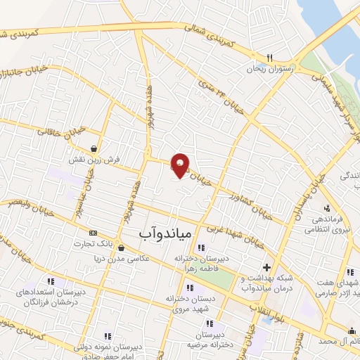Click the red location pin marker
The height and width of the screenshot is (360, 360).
pos(181,165)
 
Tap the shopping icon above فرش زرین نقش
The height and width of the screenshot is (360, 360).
pos(94,149)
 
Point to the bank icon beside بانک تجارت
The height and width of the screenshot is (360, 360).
pos(93,233)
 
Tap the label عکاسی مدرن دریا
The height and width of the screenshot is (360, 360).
pos(123,259)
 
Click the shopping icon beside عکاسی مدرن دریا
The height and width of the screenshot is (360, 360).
pos(122,247)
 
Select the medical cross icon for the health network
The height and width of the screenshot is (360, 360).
pos(266,267)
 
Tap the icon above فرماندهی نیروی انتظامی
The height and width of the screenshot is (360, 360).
pos(327,207)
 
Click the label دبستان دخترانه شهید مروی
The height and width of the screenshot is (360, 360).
pos(190,304)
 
